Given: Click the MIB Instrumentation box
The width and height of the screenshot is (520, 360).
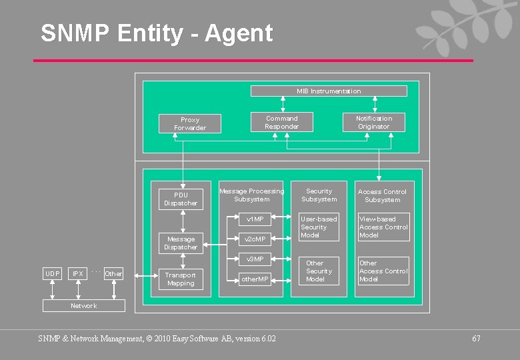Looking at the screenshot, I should click(x=329, y=91).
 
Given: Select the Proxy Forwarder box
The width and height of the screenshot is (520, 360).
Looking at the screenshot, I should click(x=190, y=124).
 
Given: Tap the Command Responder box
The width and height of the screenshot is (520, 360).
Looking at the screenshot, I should click(x=281, y=123).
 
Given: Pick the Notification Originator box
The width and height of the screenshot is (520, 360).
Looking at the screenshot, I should click(x=373, y=123).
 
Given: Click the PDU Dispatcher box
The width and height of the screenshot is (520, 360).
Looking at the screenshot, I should click(x=181, y=199).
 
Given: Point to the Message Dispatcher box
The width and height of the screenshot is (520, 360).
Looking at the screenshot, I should click(x=181, y=243).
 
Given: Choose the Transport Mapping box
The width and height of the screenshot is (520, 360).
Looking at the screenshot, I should click(x=181, y=279).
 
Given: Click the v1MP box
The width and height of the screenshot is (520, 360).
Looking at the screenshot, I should click(x=255, y=219).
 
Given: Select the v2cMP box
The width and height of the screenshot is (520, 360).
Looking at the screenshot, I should click(x=255, y=239).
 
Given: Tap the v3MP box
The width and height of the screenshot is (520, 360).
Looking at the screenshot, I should click(x=255, y=259).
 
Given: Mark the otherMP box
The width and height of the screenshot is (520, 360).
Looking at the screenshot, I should click(x=255, y=279).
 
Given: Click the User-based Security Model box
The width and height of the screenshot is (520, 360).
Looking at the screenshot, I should click(x=319, y=227).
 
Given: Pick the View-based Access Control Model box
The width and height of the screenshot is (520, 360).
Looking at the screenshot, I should click(x=383, y=227).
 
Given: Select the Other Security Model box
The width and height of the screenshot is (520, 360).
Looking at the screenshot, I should click(x=319, y=271).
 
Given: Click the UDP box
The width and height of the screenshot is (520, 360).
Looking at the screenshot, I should click(x=52, y=274).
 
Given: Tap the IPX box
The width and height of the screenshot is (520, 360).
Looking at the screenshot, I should click(x=78, y=274).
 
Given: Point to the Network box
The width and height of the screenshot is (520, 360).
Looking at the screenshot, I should click(x=83, y=306).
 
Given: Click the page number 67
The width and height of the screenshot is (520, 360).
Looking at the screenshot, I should click(x=476, y=339).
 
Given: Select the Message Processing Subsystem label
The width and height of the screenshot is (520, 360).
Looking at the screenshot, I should click(x=251, y=195).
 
